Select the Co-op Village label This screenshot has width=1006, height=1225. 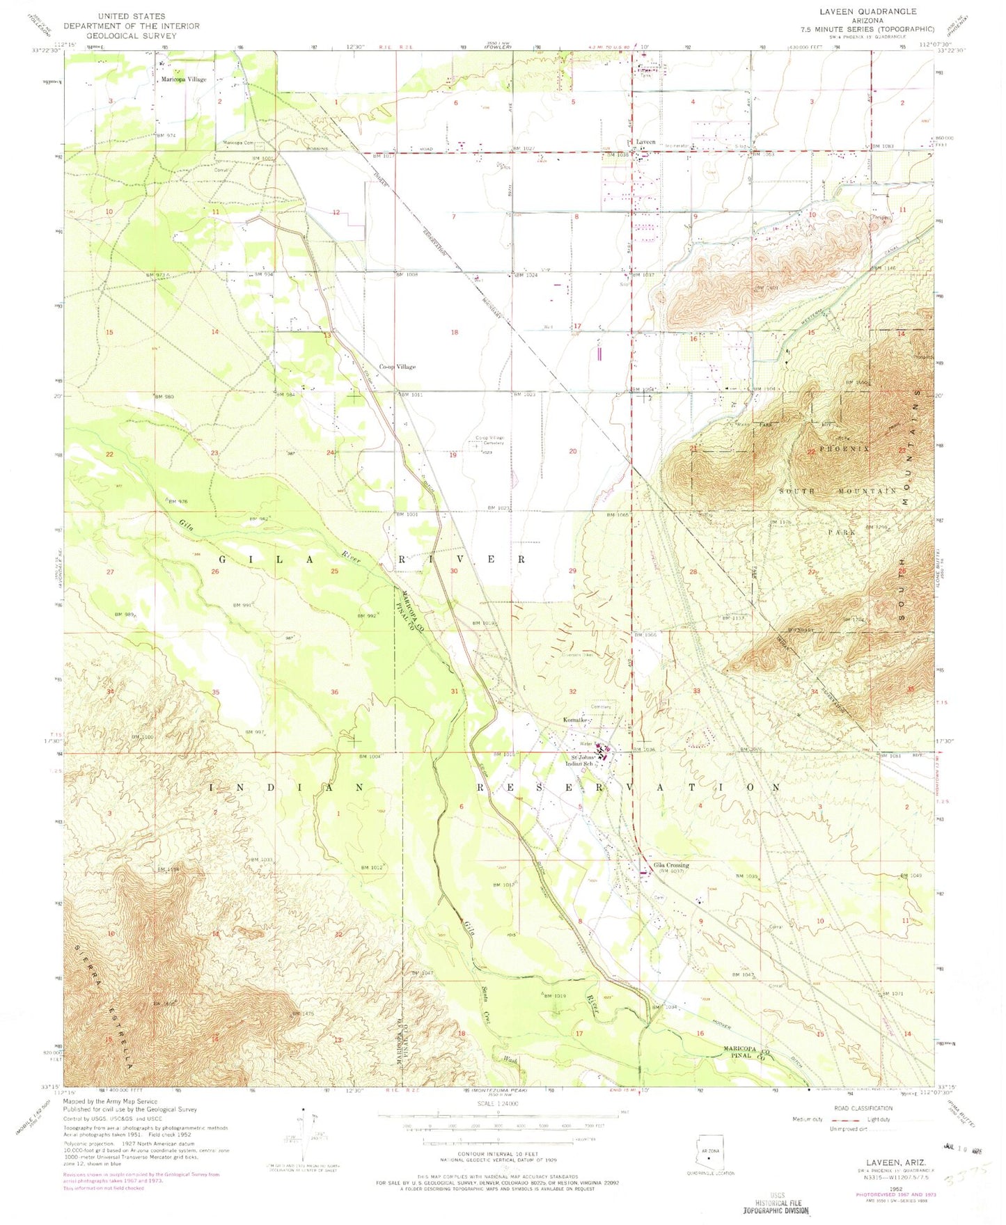point(397,367)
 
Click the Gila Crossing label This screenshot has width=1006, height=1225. point(671,865)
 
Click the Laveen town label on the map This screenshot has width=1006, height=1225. point(645,142)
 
